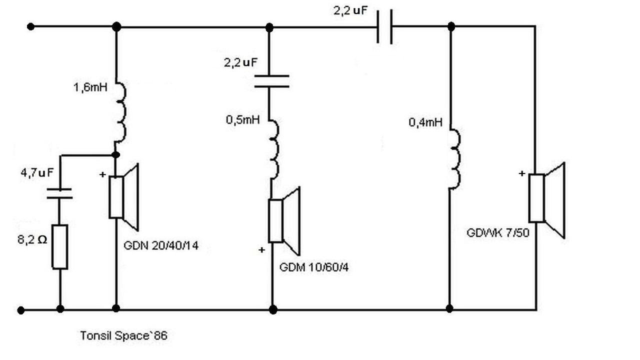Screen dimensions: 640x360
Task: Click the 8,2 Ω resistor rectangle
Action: coord(59,247)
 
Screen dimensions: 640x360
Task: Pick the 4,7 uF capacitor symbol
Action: coord(59,193)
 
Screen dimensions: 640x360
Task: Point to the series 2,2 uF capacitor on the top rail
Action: coord(384,26)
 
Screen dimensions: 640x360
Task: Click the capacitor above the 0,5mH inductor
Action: coord(271,81)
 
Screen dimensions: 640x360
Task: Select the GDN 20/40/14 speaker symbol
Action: coord(123,197)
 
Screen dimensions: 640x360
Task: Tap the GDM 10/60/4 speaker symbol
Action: coord(284,221)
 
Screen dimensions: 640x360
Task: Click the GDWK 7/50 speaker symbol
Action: coord(546,200)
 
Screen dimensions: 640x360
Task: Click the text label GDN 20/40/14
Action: coord(161,245)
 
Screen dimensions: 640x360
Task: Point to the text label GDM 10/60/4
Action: coord(313,267)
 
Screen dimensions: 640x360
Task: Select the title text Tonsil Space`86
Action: coord(123,335)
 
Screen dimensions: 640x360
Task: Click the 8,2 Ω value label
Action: coord(32,239)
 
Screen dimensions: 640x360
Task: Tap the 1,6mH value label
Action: coord(90,87)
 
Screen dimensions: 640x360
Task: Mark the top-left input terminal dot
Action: coord(30,26)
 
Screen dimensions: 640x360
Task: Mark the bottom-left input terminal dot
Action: coord(21,310)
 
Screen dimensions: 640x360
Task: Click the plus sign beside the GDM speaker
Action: coord(261,250)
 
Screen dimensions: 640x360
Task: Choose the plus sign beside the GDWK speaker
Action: coord(522,173)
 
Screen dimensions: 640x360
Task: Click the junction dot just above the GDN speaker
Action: coord(115,155)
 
